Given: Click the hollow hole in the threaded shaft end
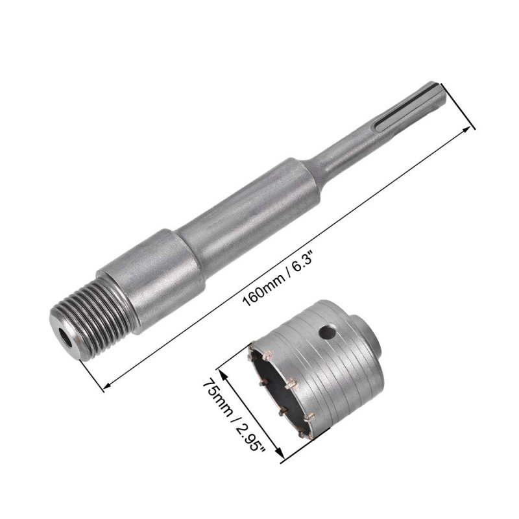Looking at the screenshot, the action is (66, 339).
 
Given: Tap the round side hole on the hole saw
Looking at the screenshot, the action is (327, 332).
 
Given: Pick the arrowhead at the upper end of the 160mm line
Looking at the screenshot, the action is (466, 129).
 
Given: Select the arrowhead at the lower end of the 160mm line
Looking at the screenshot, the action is (106, 385).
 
